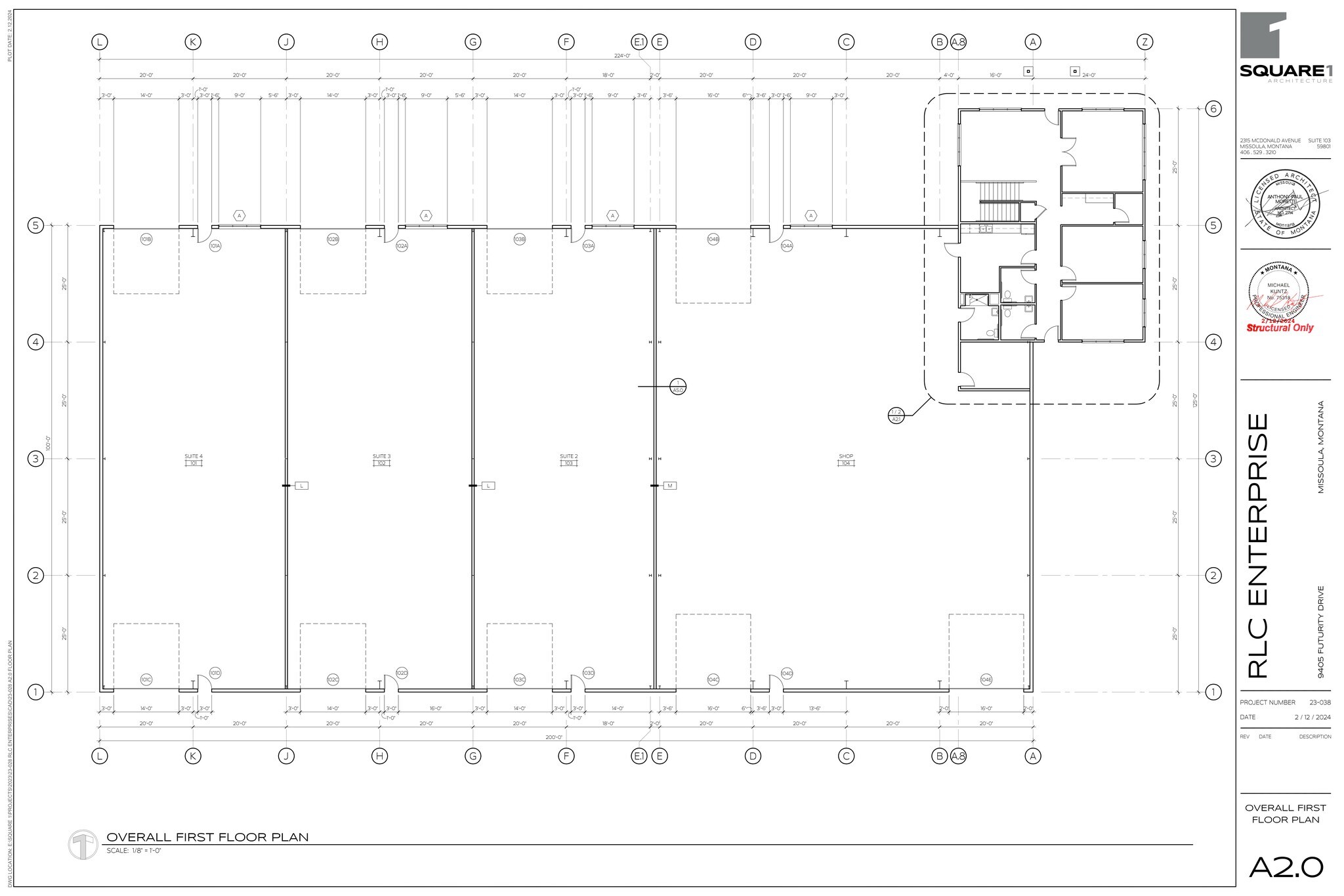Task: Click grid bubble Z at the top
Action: [1144, 42]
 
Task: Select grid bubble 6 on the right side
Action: [1213, 109]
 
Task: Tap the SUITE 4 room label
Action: [193, 459]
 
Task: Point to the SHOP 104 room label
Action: [846, 459]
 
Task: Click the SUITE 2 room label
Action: [568, 459]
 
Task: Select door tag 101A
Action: [215, 246]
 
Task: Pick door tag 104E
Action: [986, 680]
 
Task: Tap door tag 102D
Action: [402, 673]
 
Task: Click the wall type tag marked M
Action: [670, 486]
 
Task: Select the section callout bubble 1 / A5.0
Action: [678, 387]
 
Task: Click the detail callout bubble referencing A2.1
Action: [896, 416]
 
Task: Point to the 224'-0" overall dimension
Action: [622, 56]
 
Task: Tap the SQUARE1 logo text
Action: [1285, 71]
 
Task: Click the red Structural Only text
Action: [1280, 328]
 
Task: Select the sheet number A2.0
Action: [1286, 868]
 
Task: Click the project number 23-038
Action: [1318, 702]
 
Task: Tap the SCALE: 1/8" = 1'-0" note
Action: [134, 851]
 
